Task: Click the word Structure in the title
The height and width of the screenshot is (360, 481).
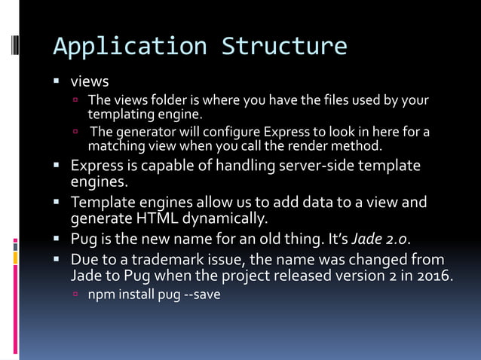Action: (x=284, y=46)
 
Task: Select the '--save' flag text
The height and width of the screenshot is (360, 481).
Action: (x=202, y=294)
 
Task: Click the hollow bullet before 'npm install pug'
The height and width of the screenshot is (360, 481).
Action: (x=75, y=294)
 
